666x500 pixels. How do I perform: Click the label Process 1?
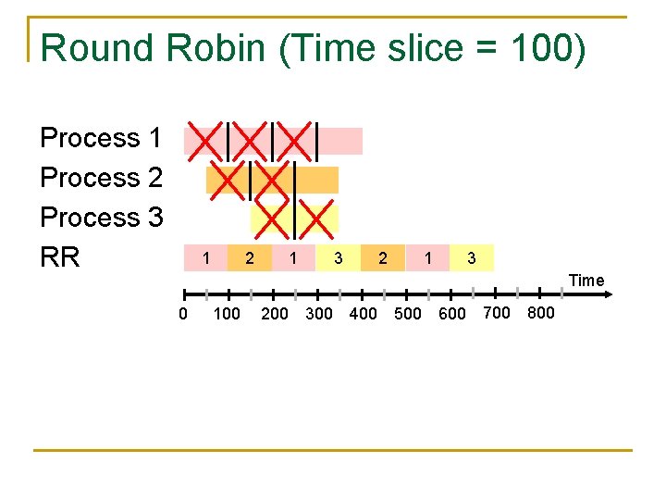(x=101, y=138)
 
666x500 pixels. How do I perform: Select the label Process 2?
(x=101, y=178)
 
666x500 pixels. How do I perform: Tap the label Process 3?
(x=101, y=218)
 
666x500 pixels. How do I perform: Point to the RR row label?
(x=60, y=257)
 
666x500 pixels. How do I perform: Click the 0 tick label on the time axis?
(x=183, y=314)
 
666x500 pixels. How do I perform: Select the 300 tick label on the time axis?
(x=318, y=314)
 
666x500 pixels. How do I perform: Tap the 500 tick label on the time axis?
(x=407, y=314)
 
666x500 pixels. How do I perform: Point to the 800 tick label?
(x=540, y=313)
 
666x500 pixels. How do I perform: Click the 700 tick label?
(x=497, y=313)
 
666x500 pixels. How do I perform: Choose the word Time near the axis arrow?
(x=586, y=281)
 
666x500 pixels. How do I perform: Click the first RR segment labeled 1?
(x=206, y=256)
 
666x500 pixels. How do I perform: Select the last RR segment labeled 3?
(x=471, y=257)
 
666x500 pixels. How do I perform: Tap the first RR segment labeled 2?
(x=250, y=257)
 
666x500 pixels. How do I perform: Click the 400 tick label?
(x=363, y=314)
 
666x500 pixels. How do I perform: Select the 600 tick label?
(x=451, y=314)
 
